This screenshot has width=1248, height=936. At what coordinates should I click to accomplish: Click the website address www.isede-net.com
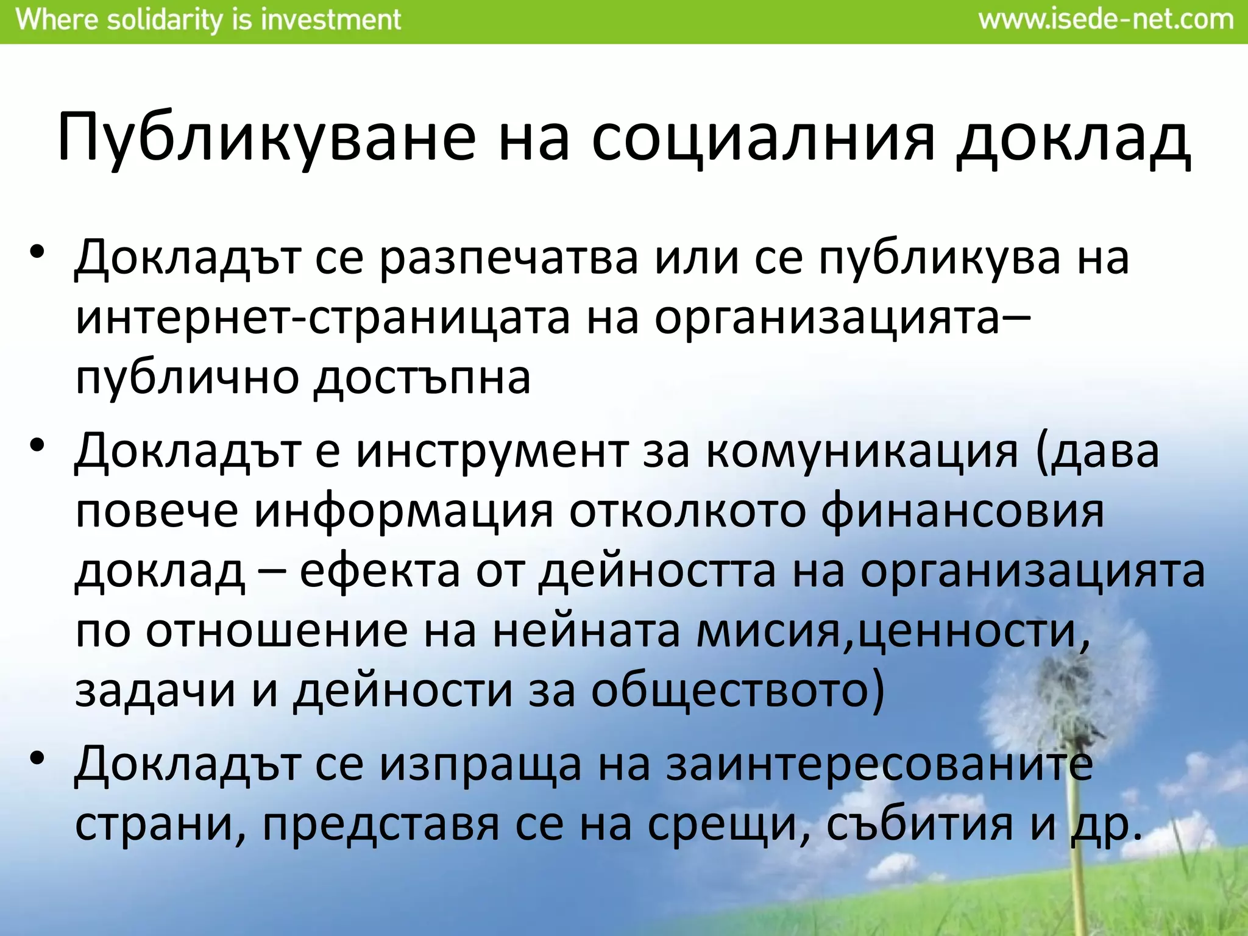(x=1106, y=20)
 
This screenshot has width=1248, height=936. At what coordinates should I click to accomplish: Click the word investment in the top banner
(x=330, y=20)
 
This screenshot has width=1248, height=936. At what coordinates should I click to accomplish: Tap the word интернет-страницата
(x=323, y=318)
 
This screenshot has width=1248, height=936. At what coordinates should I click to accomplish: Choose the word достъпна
(x=422, y=378)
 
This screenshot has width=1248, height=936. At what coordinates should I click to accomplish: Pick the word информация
(x=403, y=512)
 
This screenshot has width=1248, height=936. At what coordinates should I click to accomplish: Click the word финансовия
(x=962, y=512)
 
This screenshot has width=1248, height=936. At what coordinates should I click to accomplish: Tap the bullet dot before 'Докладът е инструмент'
(x=37, y=445)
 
